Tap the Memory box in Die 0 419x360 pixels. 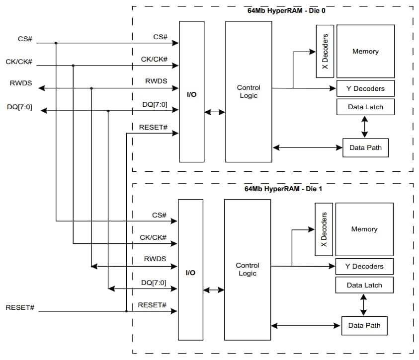tap(365, 52)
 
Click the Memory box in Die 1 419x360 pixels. tap(364, 229)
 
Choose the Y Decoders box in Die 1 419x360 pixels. tap(364, 267)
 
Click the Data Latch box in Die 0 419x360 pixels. tap(365, 107)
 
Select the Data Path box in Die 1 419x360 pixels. tap(364, 325)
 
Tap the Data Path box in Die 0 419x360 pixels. tap(366, 147)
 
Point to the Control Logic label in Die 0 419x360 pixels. tap(249, 92)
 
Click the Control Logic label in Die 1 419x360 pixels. tap(248, 270)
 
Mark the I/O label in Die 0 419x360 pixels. tap(191, 94)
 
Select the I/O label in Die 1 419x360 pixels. tap(190, 273)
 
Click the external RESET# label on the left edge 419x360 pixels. tap(20, 307)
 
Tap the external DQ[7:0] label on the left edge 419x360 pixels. tap(20, 106)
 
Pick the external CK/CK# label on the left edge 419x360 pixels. tap(20, 62)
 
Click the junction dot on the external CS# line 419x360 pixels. tap(56, 43)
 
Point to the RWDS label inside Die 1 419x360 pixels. tap(155, 259)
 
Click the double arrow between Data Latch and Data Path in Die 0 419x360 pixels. tap(365, 127)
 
